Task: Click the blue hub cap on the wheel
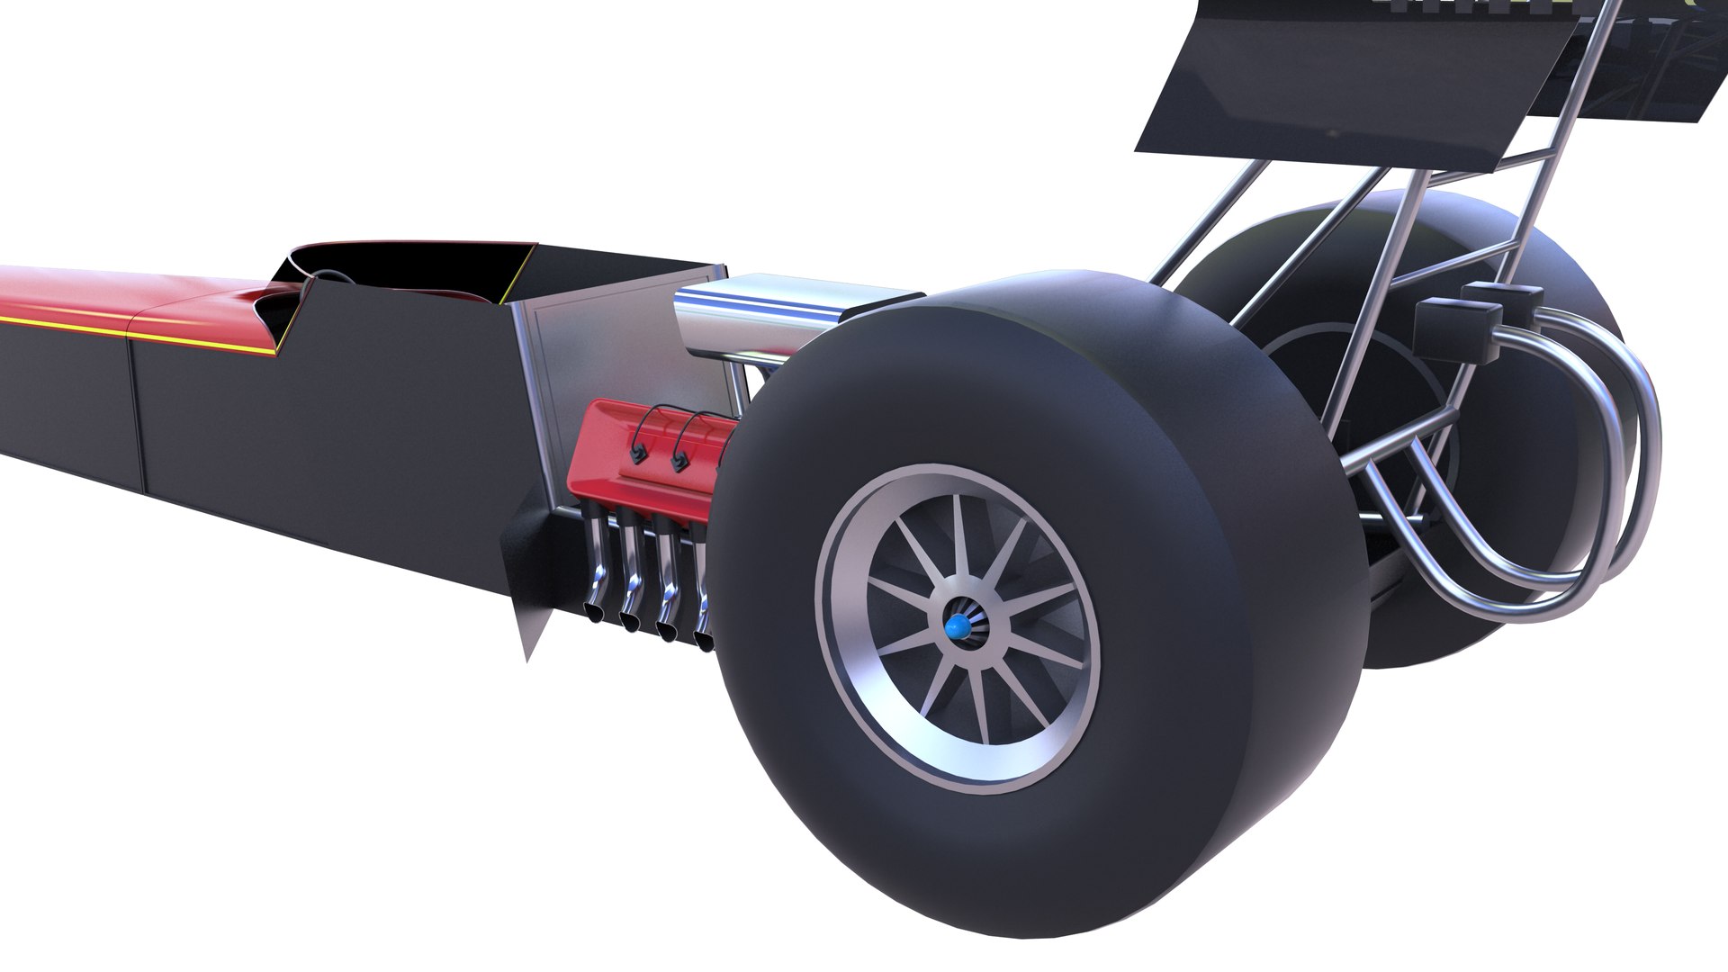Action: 959,626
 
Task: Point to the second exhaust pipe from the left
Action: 634,581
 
